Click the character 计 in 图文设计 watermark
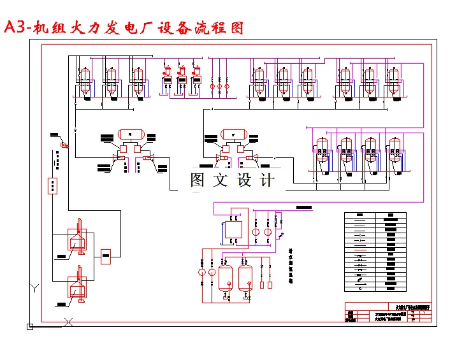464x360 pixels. coord(266,180)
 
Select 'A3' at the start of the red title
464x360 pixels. coord(15,28)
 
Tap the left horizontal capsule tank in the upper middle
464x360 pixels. coord(129,134)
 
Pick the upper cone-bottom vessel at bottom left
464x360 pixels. coord(78,240)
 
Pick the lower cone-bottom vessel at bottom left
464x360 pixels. coord(78,287)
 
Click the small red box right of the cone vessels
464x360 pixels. coord(106,256)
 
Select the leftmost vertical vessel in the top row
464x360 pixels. coord(81,81)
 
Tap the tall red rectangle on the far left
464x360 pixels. coord(52,185)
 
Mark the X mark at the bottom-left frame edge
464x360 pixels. coord(68,322)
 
